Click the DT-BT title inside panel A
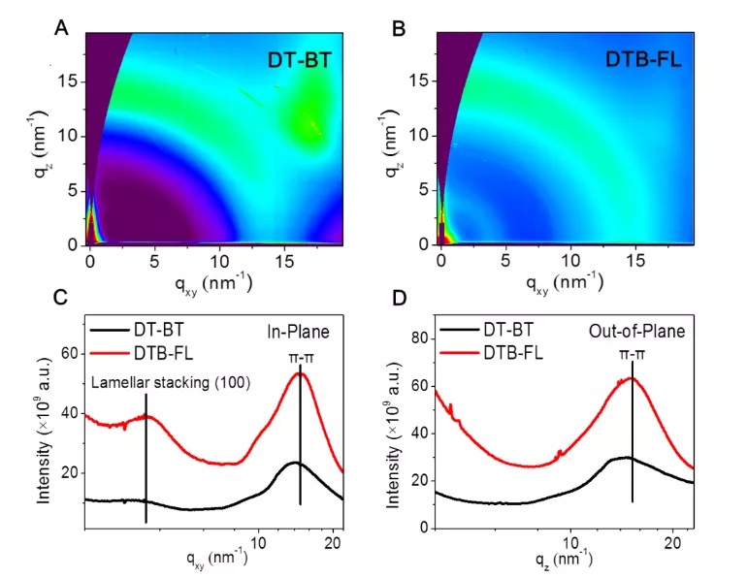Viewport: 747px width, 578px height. pos(299,61)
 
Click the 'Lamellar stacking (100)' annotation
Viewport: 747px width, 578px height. pos(171,383)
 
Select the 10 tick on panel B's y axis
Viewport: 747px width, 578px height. pos(421,135)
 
